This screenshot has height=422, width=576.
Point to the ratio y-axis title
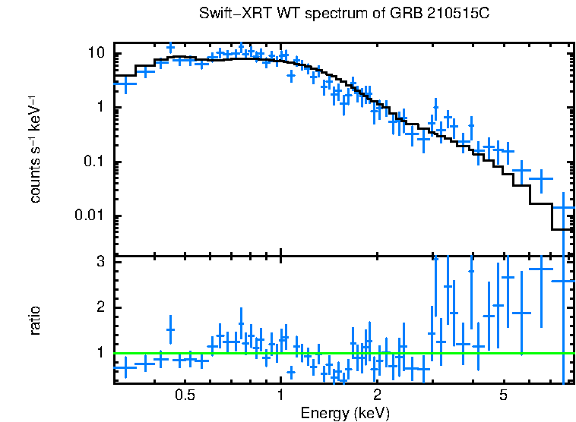[x=35, y=321]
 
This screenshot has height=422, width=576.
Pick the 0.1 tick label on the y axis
[x=93, y=162]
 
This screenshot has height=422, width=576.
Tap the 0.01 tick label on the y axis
[x=90, y=216]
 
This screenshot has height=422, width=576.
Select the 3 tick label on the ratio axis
[x=100, y=262]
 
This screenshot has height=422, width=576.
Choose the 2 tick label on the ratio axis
[x=100, y=307]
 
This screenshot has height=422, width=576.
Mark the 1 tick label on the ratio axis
[x=100, y=353]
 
